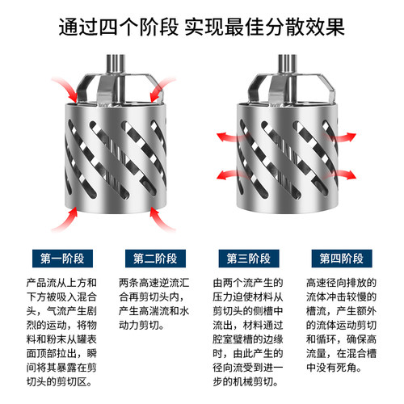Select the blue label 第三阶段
246,259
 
